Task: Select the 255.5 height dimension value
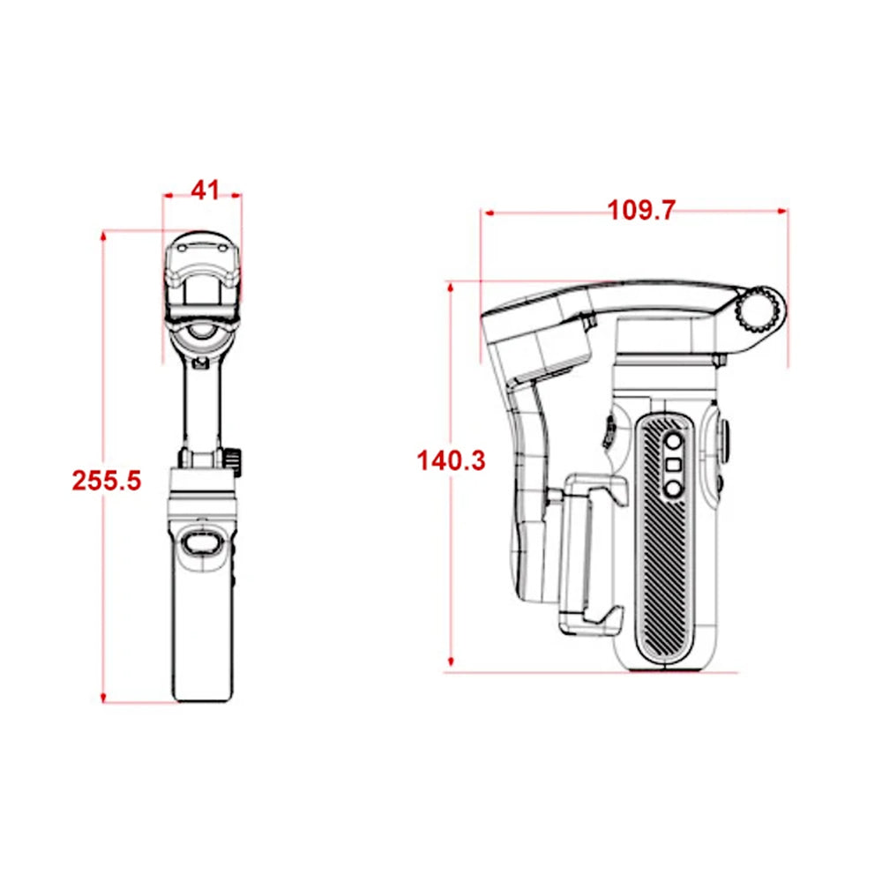[107, 480]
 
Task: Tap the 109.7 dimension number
[641, 210]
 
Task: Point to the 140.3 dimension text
[451, 460]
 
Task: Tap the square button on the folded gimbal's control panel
[674, 465]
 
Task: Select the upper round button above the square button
[674, 442]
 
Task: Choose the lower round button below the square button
[674, 488]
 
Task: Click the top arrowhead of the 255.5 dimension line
[104, 235]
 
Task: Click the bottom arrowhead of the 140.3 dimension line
[451, 663]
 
